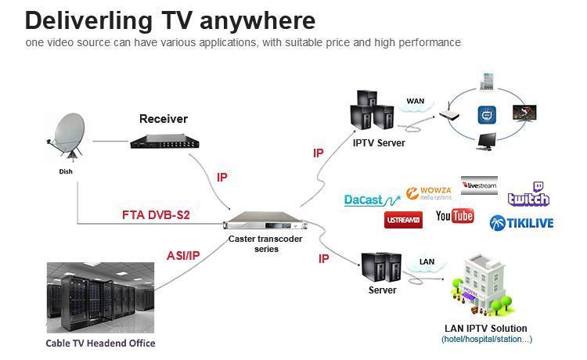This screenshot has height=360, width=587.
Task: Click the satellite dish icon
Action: (x=67, y=137)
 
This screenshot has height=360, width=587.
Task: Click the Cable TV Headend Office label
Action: (x=99, y=343)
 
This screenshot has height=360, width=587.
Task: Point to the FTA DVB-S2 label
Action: (x=157, y=214)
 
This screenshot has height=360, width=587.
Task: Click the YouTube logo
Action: (x=455, y=216)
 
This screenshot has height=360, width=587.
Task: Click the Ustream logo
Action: (x=403, y=221)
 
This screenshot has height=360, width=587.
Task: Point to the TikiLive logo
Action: (x=521, y=223)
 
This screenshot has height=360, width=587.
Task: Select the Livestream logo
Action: (x=479, y=185)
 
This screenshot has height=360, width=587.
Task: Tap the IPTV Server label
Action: (x=378, y=142)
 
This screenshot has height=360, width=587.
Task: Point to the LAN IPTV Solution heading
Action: (x=486, y=328)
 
